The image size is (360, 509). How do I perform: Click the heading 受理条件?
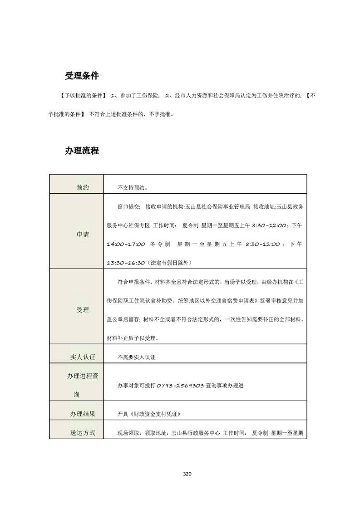coord(82,76)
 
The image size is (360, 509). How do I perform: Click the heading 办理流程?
coord(82,151)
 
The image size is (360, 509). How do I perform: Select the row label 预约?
coord(83,187)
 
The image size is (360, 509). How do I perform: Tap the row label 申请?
coord(83,235)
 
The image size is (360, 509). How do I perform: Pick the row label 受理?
coord(83,310)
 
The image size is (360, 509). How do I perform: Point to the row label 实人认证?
coord(83,357)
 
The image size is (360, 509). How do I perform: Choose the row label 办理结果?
coord(83,413)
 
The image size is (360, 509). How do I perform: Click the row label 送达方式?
coord(83,433)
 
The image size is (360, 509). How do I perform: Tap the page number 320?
coord(187,474)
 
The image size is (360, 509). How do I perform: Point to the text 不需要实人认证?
coord(136,357)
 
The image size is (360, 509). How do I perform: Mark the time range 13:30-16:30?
coord(126,263)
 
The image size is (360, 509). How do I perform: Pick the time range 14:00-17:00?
coord(126,244)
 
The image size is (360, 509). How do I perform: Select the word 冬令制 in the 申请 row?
coord(160,244)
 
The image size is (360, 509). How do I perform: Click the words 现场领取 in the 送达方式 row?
coord(128,433)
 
